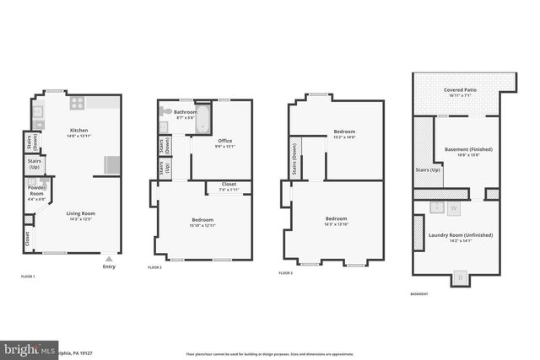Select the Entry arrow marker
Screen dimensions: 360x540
click(109, 259)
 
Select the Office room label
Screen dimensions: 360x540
click(224, 142)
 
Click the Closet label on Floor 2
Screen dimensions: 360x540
click(229, 185)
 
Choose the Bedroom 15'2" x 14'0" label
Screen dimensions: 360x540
click(343, 133)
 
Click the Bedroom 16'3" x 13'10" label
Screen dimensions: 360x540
click(337, 221)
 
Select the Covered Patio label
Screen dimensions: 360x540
click(461, 91)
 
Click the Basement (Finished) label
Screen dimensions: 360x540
click(468, 152)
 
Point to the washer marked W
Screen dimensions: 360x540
click(453, 207)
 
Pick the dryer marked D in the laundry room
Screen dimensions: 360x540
click(460, 277)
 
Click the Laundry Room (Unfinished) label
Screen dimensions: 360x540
click(461, 237)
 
